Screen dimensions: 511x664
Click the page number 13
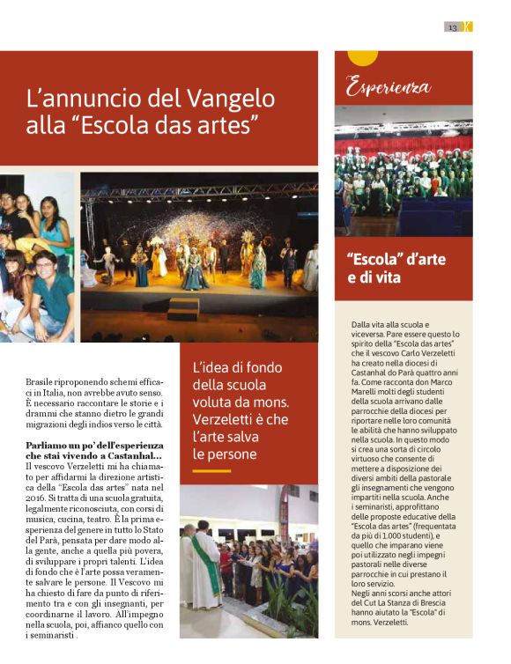tap(453, 27)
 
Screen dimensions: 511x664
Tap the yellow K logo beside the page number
tap(468, 27)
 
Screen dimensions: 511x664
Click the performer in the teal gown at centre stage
tap(195, 270)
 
